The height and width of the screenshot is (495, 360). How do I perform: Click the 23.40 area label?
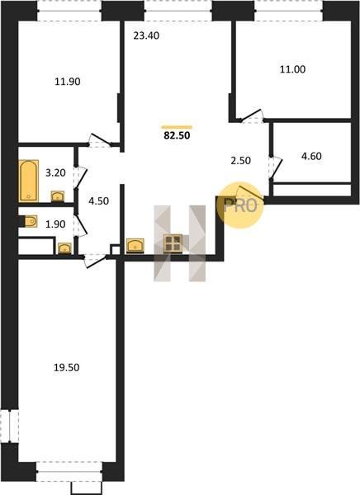pos(146,36)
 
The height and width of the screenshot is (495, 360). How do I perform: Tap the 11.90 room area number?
pos(68,82)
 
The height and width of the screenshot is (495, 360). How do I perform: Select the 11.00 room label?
pos(292,69)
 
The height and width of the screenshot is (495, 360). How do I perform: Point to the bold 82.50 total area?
pos(177,135)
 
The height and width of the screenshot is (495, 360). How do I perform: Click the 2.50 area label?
pos(241,160)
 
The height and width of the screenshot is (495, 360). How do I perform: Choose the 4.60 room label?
pos(311,156)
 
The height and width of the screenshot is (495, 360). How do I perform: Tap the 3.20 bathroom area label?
pos(55,173)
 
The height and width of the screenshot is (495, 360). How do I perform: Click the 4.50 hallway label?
pos(98,201)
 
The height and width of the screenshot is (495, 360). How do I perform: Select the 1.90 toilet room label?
pos(55,224)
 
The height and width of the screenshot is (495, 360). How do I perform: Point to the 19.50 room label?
pos(66,367)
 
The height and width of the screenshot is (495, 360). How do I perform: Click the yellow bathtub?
pos(29,181)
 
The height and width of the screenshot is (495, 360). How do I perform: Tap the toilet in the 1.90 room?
pos(28,221)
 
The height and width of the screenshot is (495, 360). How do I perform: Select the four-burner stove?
pos(173,243)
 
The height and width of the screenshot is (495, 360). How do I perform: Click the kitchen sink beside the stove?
pos(135,246)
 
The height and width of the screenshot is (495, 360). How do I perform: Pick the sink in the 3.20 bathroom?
pos(58,196)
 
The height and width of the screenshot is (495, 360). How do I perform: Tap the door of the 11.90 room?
pos(100,141)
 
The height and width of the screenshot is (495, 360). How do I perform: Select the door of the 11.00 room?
pos(252,115)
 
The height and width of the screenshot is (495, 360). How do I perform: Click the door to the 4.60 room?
pos(276,167)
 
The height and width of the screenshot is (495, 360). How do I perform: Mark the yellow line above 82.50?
pos(177,127)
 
